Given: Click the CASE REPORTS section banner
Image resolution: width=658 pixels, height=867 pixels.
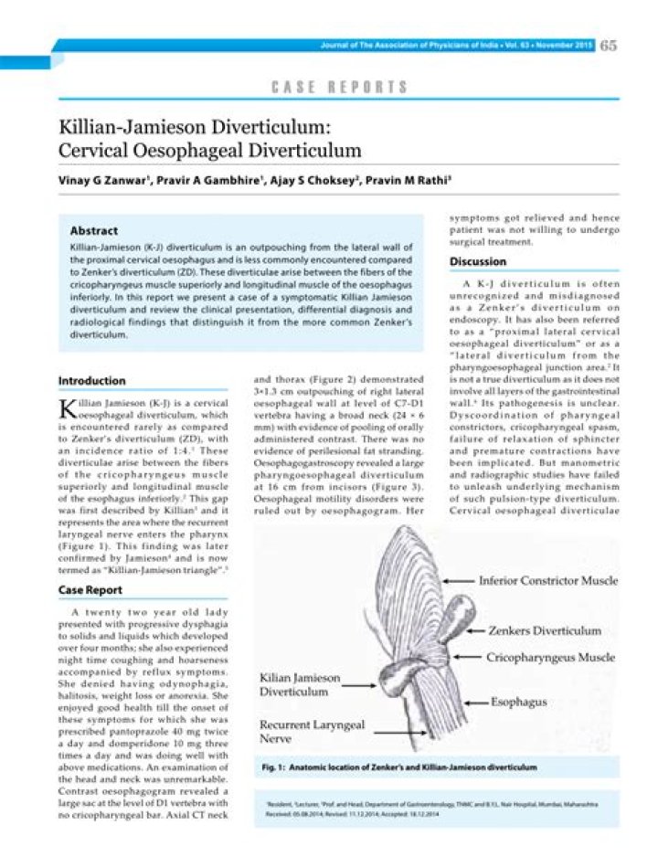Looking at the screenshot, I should (339, 88).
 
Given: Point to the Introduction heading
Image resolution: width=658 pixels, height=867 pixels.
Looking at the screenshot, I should (92, 381).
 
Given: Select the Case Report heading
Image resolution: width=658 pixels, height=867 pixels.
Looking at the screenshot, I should (90, 590).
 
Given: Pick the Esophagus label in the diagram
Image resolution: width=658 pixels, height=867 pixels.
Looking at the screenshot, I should (517, 704).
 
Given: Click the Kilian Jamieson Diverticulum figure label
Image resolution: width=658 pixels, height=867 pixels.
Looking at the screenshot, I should (300, 686).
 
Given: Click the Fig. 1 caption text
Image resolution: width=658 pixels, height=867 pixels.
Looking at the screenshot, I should (399, 767).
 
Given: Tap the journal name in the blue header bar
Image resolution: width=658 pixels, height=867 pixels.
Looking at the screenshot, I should (457, 45).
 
